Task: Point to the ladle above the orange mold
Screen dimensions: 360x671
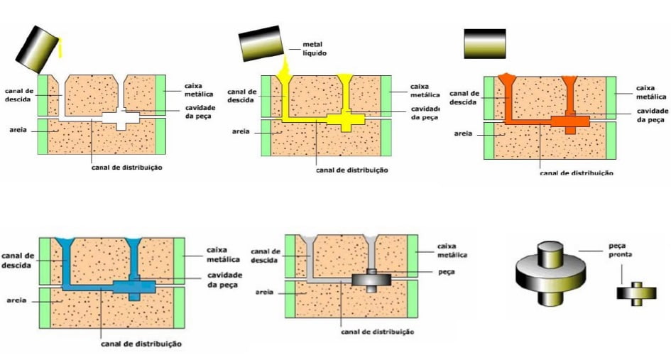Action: [484, 44]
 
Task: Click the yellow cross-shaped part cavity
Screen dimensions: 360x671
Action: [347, 119]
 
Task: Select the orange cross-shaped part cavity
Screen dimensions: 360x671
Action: [569, 121]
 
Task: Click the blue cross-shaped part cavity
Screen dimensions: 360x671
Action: [135, 285]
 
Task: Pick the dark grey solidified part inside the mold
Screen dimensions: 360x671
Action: [371, 278]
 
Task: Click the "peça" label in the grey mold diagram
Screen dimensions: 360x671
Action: [447, 272]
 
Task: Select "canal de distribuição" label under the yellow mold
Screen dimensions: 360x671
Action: [352, 170]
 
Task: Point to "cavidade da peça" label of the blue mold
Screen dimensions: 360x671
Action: [224, 280]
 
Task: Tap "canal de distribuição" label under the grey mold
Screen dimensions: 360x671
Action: [377, 332]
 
